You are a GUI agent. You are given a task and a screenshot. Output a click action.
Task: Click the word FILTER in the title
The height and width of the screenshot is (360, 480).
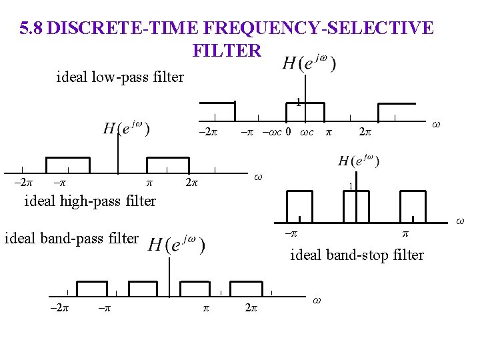tap(227, 50)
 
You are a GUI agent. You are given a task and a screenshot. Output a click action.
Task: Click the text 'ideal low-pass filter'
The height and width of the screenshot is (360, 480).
tap(120, 77)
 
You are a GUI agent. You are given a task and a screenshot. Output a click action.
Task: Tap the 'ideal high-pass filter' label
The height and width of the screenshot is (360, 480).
tap(90, 201)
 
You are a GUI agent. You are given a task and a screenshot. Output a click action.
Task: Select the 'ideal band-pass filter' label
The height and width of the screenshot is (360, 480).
tap(72, 237)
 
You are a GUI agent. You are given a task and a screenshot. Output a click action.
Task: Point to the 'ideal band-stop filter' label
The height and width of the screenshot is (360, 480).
tap(357, 255)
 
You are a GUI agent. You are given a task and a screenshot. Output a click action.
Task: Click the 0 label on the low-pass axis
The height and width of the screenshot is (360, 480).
tap(287, 132)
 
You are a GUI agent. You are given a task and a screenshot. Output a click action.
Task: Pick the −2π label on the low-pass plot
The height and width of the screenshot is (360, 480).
tap(208, 132)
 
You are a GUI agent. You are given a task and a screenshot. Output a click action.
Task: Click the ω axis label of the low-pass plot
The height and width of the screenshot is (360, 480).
tap(436, 124)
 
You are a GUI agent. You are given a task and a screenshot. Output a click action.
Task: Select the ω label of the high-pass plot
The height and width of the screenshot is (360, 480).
tap(259, 177)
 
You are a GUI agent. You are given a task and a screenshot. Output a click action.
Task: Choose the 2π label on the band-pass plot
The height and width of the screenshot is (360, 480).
tap(251, 309)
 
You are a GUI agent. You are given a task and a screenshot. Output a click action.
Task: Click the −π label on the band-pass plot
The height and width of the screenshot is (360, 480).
tap(104, 309)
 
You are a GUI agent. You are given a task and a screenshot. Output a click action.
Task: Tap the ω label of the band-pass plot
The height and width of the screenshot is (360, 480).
tap(317, 301)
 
